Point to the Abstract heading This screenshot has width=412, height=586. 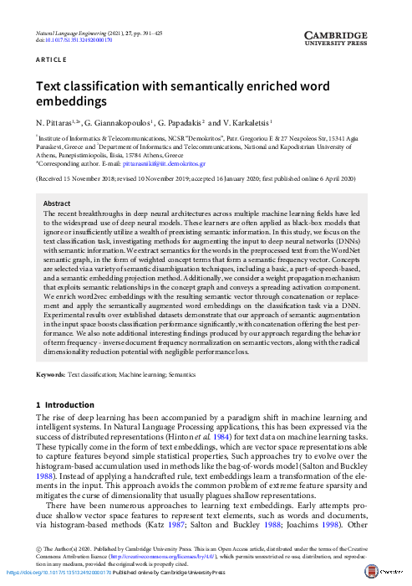click(56, 204)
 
